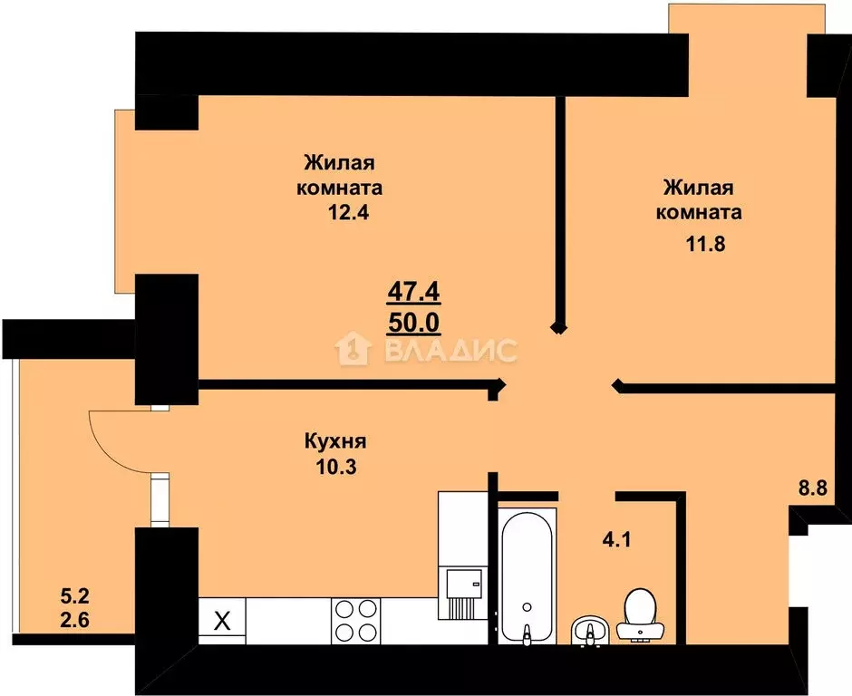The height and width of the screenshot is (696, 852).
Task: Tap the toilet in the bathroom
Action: point(641,614)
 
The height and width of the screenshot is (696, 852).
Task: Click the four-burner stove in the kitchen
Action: point(356,622)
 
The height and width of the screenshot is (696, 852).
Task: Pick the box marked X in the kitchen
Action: point(220,622)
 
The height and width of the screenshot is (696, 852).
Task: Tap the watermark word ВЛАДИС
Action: point(451,350)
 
